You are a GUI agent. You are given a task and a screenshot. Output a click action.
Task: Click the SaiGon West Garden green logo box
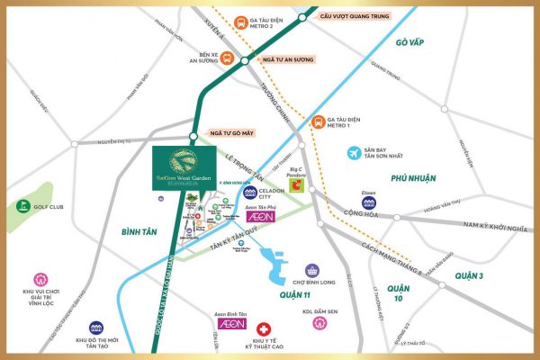(184, 167)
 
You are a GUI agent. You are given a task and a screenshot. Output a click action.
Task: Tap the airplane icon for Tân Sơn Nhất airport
(356, 154)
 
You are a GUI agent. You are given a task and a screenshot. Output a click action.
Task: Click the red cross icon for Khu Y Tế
(264, 332)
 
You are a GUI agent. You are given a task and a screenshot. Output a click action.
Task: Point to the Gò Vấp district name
(414, 42)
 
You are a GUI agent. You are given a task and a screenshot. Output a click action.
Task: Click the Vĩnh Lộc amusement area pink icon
(40, 280)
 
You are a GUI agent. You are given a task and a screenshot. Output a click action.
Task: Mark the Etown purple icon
(368, 202)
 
